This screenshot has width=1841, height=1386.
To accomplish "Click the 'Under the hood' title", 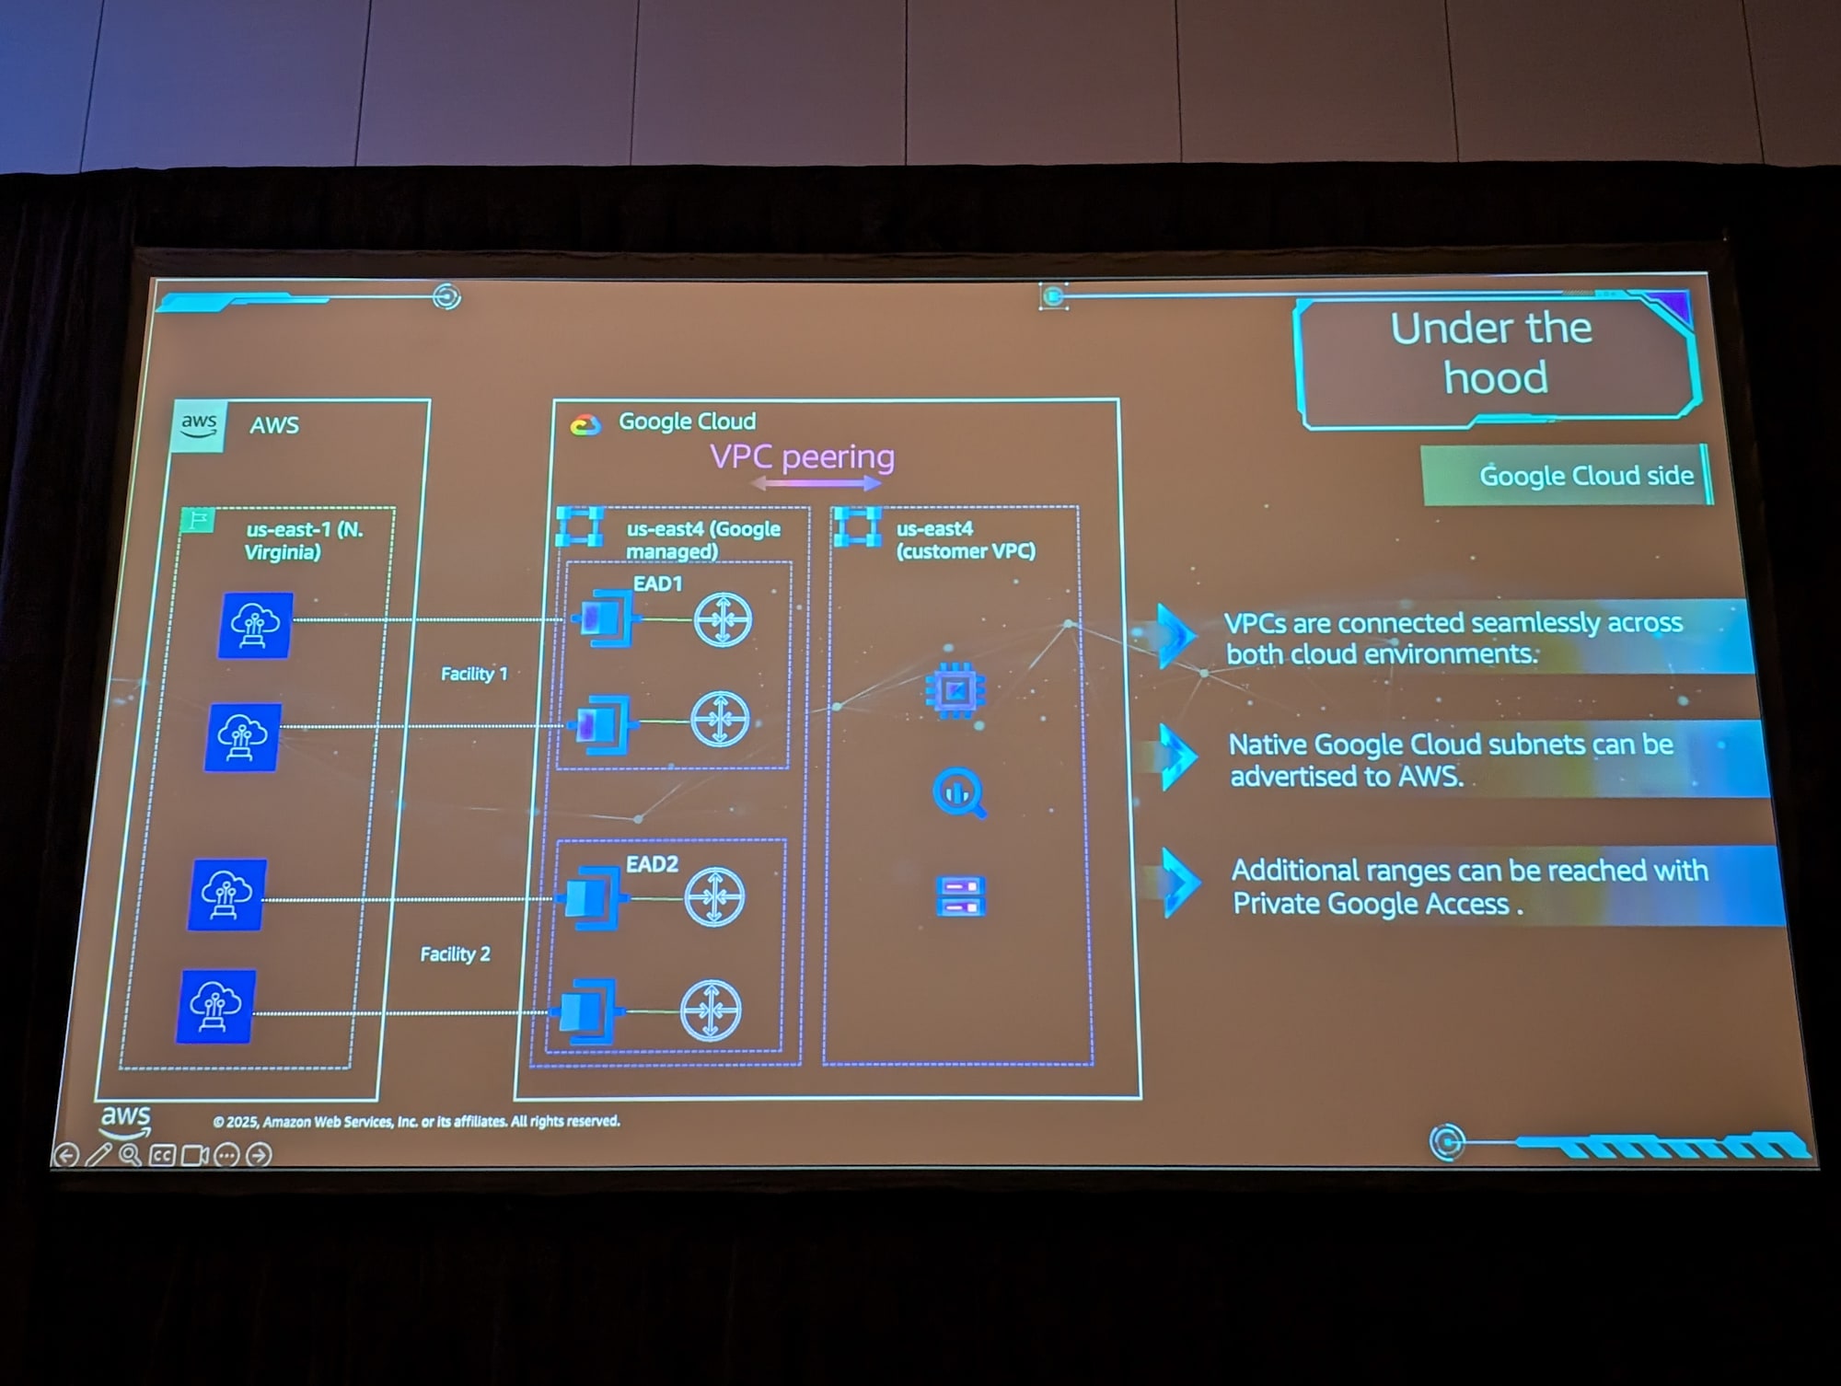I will point(1493,352).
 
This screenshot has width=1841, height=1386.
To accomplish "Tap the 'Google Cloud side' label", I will point(1585,475).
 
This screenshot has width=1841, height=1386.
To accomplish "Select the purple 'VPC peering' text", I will point(802,456).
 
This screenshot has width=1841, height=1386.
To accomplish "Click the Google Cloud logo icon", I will point(585,424).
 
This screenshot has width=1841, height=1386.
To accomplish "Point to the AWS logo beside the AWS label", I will point(199,425).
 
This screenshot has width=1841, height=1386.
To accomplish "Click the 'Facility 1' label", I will point(474,674).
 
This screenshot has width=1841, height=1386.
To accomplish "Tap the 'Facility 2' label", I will point(455,954).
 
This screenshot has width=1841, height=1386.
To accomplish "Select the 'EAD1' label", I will point(657,583).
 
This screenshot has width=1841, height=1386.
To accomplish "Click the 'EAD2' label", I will point(652,864).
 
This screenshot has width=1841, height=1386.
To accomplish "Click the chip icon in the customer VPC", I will point(955,689).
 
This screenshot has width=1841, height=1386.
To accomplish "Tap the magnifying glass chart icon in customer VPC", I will point(958,792).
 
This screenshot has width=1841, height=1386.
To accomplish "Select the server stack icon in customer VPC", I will point(960,895).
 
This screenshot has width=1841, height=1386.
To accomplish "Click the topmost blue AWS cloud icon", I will point(256,625).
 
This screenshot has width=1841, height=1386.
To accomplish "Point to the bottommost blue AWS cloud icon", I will point(215,1006).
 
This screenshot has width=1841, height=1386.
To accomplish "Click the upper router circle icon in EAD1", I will point(723,619).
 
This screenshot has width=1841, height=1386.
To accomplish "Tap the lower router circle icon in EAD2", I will point(711,1010).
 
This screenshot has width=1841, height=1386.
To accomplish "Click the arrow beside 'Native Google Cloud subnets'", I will point(1177,757).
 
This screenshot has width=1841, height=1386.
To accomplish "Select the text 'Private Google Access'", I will point(1372,904).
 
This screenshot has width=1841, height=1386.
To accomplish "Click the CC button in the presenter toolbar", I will point(162,1155).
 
